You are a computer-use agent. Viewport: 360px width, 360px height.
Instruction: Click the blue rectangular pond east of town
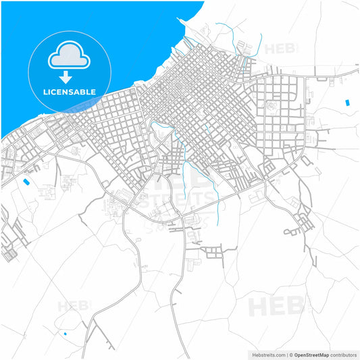pos(348,102)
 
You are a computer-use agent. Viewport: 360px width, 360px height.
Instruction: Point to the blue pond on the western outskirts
pos(26,182)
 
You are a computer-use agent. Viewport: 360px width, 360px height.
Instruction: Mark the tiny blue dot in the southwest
pos(65,334)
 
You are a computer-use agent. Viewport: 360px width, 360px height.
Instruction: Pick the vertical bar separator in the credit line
pos(287,354)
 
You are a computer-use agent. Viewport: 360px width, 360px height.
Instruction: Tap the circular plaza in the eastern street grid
pos(272,105)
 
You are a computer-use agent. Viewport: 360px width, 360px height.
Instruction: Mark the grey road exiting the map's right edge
pos(351,70)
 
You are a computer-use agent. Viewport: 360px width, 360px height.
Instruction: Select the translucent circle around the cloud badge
pos(37,95)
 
